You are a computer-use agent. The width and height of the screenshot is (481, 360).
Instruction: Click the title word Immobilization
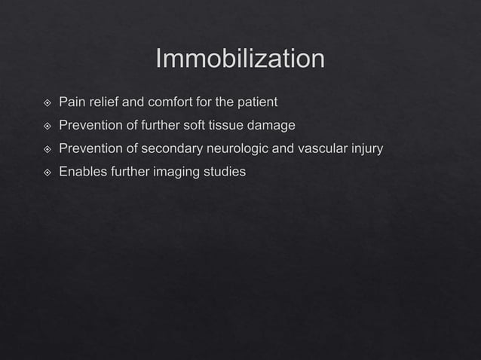tap(240, 59)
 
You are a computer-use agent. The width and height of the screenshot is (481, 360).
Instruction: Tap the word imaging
tap(179, 172)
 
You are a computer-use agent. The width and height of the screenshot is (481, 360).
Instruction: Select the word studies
tap(225, 172)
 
